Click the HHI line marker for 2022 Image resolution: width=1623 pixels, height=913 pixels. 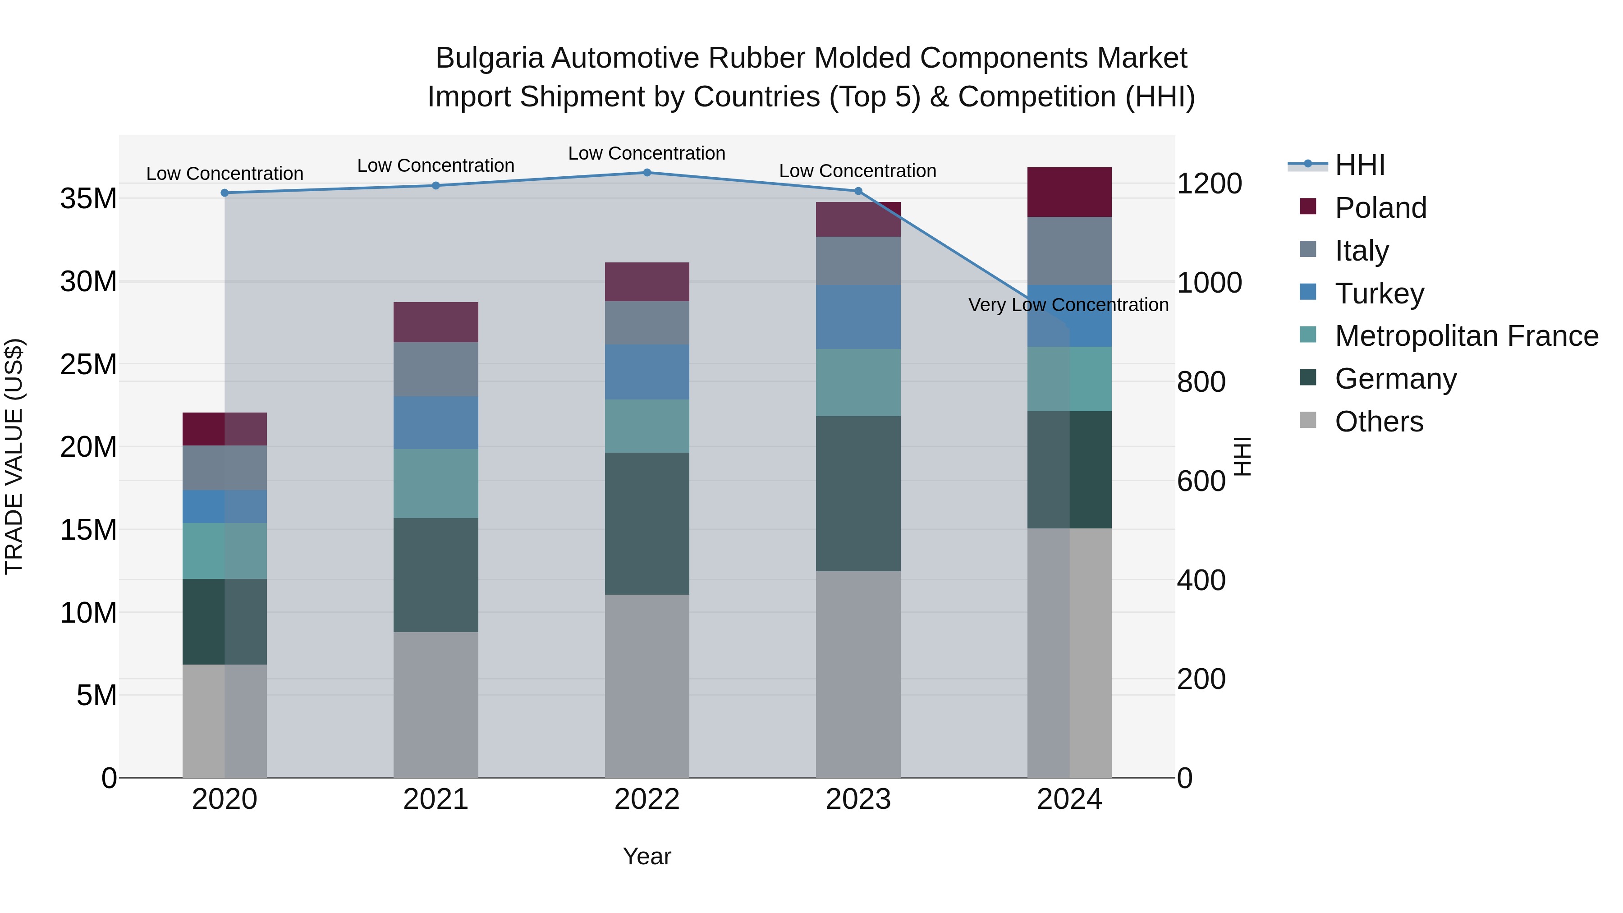646,172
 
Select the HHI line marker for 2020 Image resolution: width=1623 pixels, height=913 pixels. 225,193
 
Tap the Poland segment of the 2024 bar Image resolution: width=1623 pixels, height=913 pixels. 1069,192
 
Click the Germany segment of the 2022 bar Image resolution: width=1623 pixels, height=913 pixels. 646,523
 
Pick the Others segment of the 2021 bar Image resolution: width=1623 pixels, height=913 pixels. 436,704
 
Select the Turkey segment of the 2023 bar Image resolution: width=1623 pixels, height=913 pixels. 857,317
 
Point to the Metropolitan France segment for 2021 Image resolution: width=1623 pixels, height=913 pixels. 436,483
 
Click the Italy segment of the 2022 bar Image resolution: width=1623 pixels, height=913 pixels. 646,323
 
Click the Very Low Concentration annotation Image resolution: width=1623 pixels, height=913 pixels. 1068,305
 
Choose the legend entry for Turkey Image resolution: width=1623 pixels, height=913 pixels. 1379,294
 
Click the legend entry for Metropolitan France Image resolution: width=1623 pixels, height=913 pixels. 1466,336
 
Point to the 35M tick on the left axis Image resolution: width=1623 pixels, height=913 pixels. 88,198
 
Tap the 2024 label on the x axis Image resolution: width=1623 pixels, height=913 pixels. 1069,799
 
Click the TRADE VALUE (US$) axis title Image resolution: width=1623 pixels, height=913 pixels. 14,456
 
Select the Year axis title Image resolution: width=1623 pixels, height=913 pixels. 646,856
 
